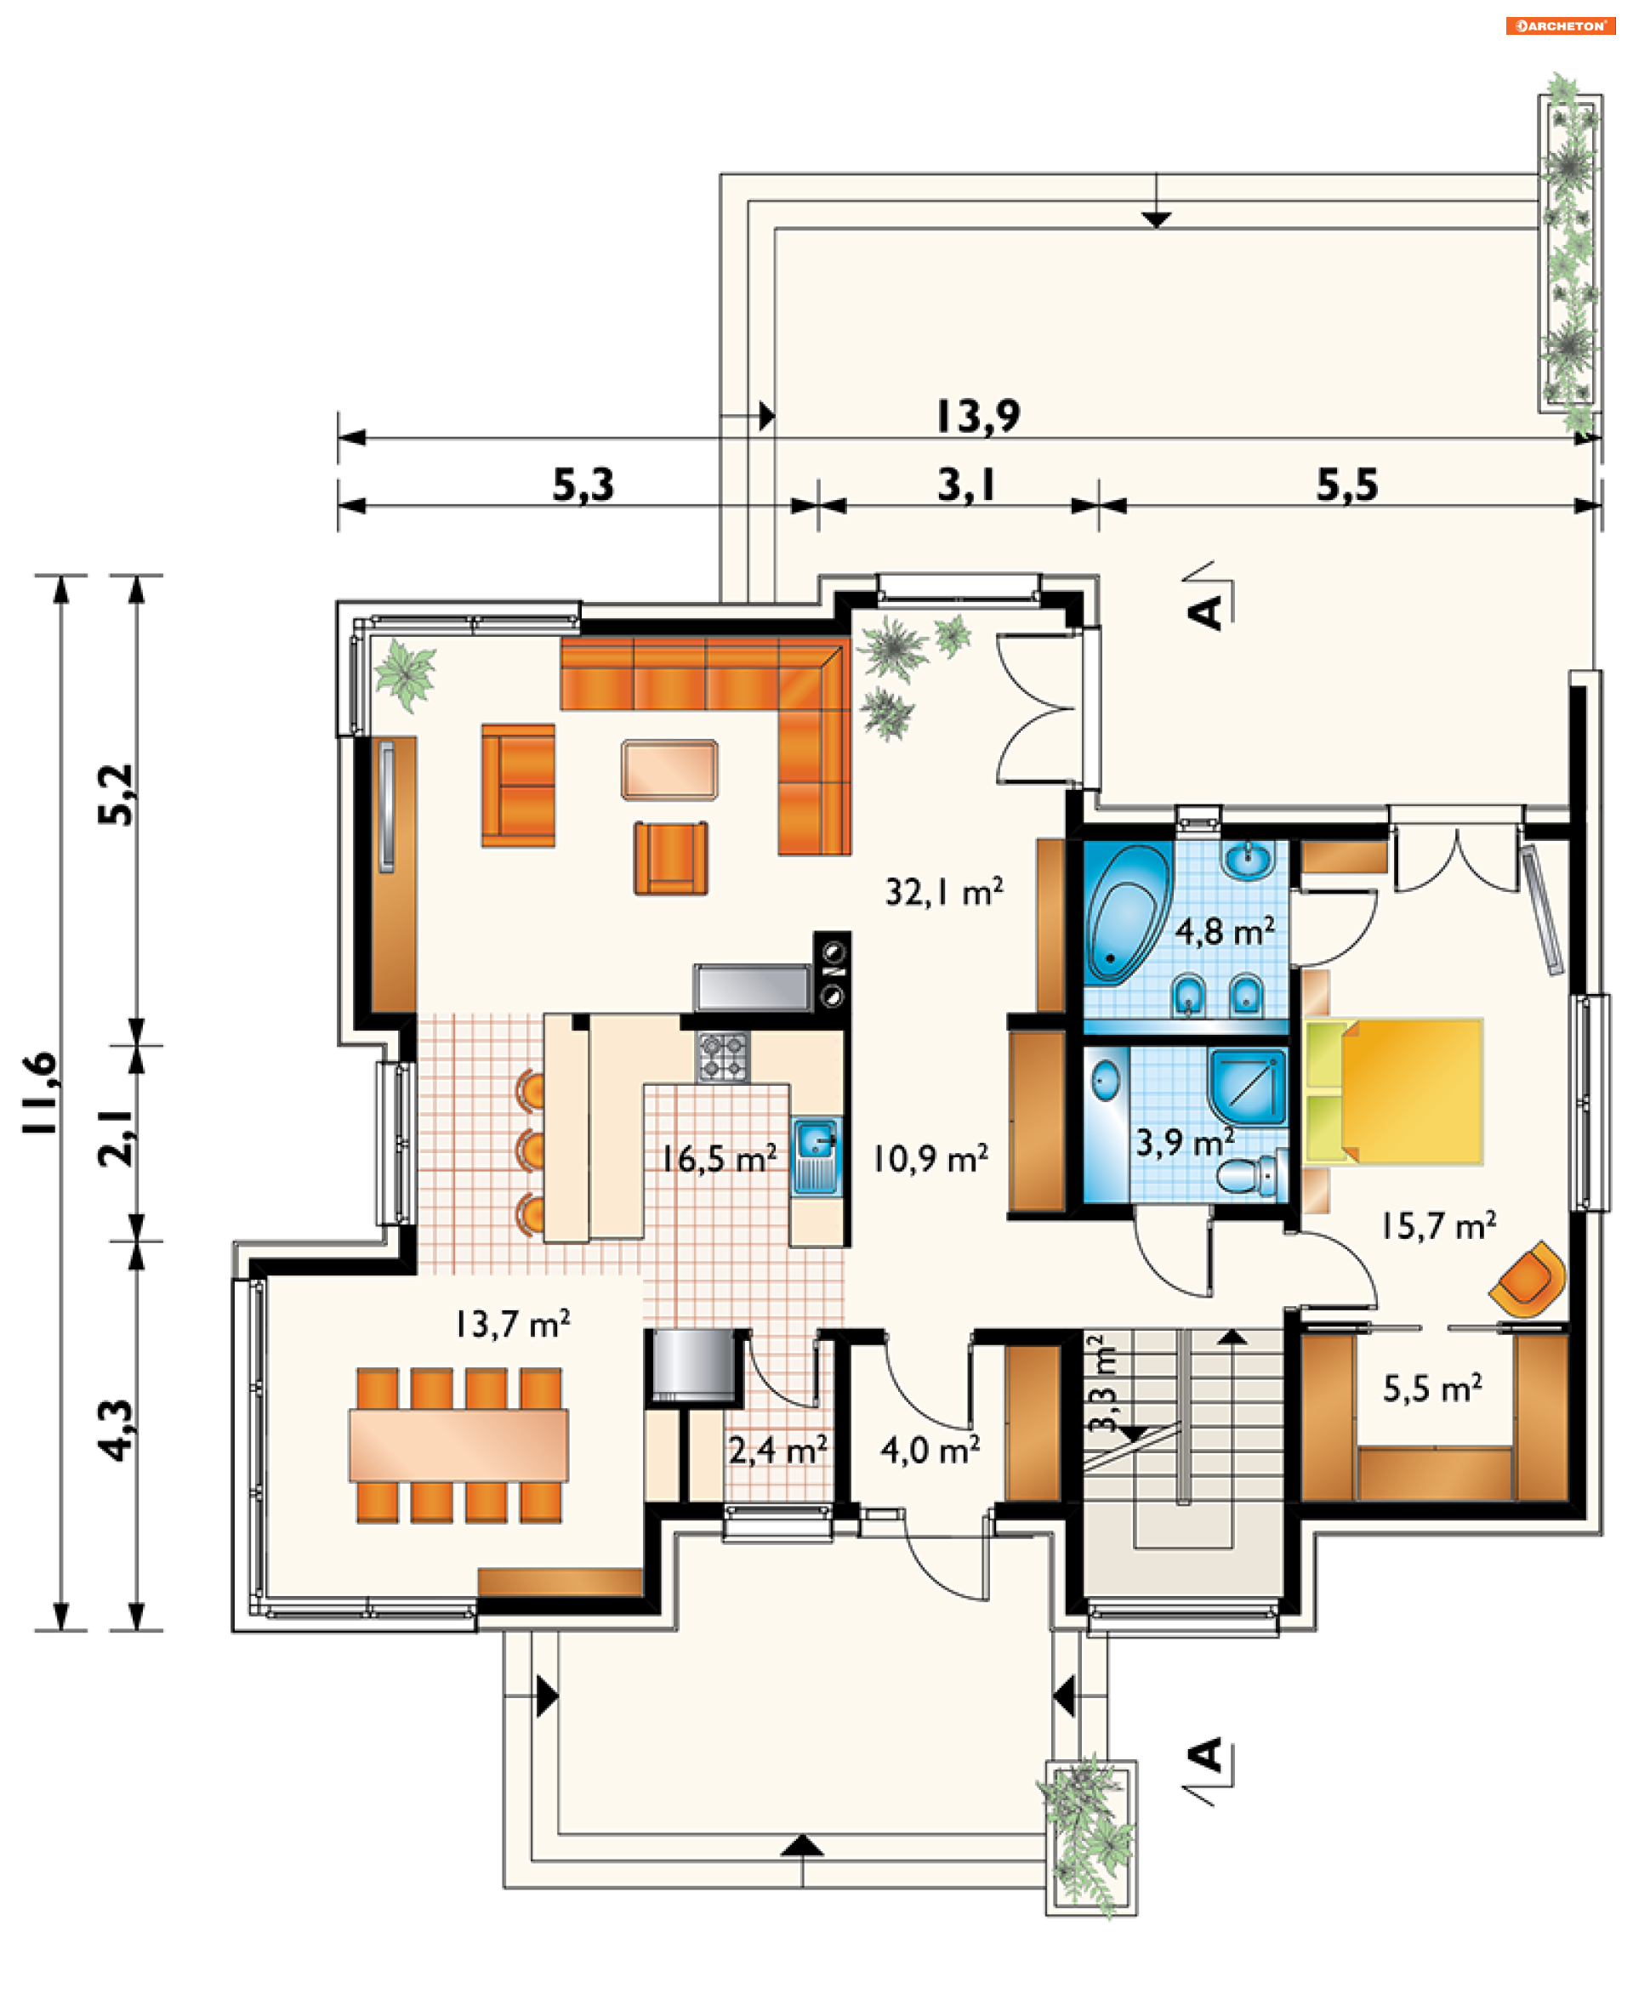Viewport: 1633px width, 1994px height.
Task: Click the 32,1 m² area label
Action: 943,892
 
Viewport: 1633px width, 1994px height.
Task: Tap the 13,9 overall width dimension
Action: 978,416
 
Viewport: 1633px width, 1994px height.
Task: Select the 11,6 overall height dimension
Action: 42,1093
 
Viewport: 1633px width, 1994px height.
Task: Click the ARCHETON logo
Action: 1560,26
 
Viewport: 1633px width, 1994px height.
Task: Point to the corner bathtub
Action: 1126,913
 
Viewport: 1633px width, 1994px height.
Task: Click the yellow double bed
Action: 1394,1091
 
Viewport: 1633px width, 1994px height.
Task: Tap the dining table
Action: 458,1445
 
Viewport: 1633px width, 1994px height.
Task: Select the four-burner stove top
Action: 722,1056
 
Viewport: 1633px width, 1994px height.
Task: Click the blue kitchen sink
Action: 816,1155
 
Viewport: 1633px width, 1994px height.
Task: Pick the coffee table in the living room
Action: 669,770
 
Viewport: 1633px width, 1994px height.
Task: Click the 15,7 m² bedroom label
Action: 1438,1225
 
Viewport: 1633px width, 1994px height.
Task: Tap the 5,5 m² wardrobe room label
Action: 1432,1389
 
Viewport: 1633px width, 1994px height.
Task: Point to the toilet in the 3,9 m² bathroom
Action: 1252,1176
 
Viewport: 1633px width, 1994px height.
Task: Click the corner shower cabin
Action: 1248,1088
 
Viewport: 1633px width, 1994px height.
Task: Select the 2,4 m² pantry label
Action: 778,1450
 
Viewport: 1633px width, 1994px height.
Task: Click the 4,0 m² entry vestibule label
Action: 930,1450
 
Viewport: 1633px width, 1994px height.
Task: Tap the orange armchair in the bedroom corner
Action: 1528,1279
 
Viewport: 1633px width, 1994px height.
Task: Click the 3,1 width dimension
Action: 966,486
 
